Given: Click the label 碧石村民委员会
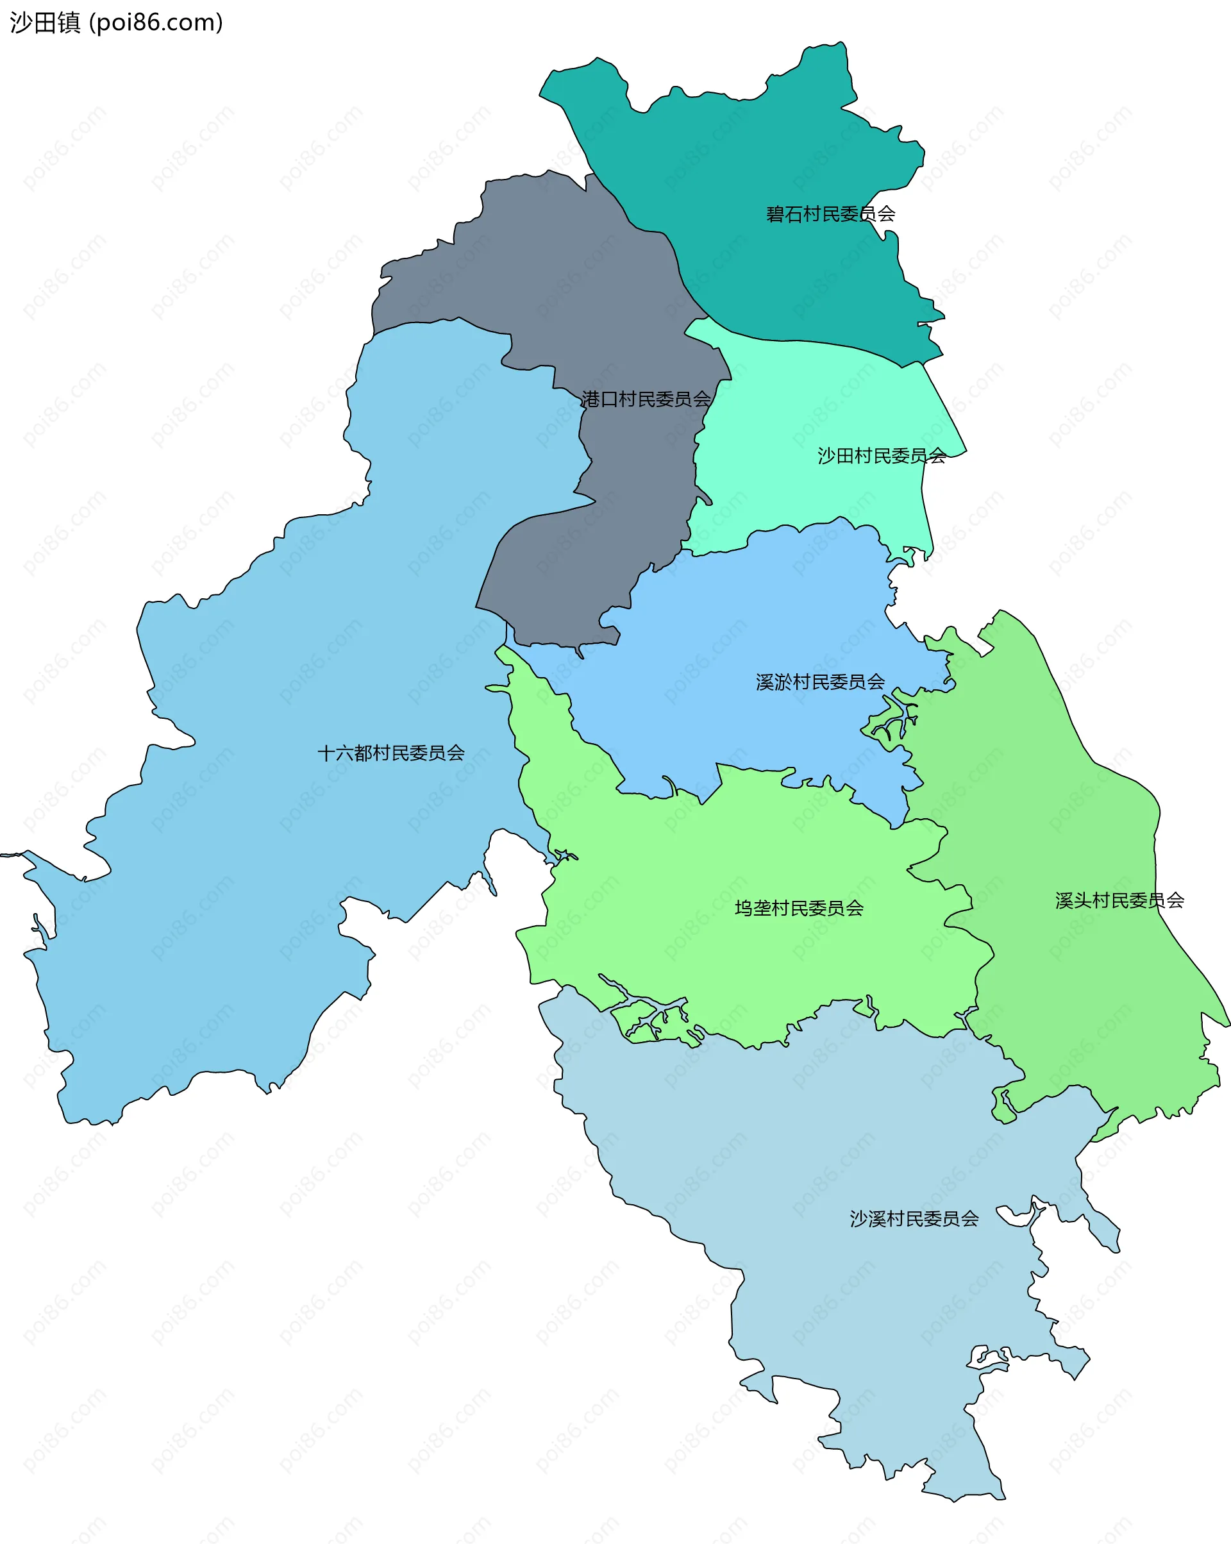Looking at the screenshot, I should click(830, 214).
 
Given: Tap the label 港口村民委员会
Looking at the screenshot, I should click(645, 399).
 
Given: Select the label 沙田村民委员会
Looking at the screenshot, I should click(882, 455).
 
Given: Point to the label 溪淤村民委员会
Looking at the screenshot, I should click(820, 682).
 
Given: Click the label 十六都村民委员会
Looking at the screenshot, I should click(391, 753).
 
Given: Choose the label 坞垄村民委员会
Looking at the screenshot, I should click(798, 908).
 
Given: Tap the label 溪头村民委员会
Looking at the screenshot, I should click(1119, 900).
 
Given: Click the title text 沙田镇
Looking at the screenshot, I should click(45, 23).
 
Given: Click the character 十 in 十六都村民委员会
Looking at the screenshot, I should click(326, 753).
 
